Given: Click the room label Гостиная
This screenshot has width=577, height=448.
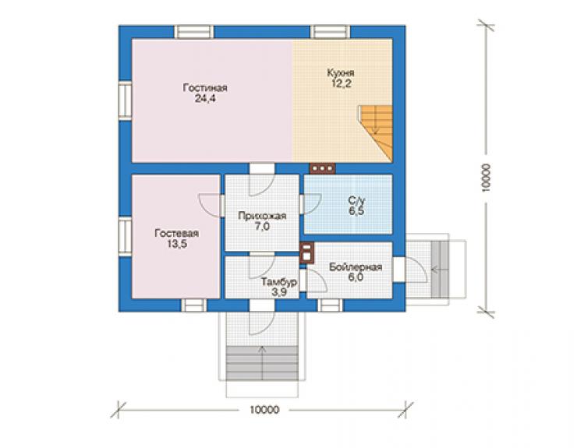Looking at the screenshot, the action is coord(205,88).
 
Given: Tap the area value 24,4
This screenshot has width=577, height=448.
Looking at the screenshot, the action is coord(205,99).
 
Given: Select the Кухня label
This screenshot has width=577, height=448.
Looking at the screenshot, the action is coord(341,72).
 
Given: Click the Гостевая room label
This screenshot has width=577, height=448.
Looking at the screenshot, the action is coord(177,233).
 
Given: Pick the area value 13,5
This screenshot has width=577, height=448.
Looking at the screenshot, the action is coord(177,244).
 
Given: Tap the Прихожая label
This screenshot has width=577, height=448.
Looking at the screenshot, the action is coord(262,216).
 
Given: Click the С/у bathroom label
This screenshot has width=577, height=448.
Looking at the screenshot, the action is coord(357,201).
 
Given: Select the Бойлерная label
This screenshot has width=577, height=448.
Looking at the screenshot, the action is coord(356,267).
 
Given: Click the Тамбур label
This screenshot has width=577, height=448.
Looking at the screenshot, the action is coord(279,282).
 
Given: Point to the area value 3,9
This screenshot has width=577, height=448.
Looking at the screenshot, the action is coord(279,292).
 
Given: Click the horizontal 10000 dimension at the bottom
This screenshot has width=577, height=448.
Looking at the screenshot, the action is coord(264,409).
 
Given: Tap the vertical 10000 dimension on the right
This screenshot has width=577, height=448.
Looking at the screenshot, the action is coord(486,178).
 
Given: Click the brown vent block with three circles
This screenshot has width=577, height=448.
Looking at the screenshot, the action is coord(323,168).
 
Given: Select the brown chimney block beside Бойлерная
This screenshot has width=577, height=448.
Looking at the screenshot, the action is coord(307,252).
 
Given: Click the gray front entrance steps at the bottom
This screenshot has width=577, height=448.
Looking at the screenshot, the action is coord(262,363).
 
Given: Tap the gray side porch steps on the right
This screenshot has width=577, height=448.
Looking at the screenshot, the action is coord(440,269).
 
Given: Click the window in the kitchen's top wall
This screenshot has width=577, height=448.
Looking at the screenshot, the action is coord(330,32).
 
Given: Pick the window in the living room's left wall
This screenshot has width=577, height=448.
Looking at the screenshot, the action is coord(125,101).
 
